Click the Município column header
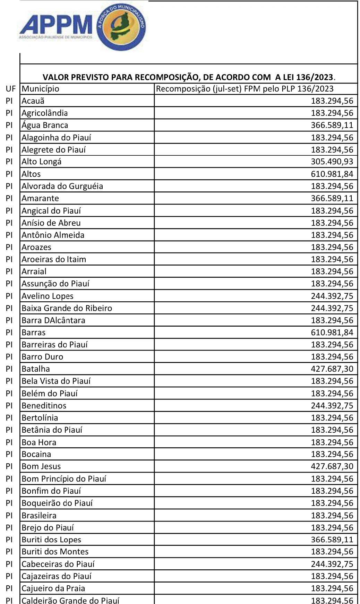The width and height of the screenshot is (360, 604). coord(40,89)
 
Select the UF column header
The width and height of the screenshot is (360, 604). coord(11,89)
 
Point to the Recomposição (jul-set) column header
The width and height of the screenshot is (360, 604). coord(245,89)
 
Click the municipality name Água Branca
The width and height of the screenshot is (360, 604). coord(45,125)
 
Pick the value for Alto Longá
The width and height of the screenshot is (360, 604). coord(332,162)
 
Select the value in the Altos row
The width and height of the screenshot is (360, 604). coord(332,174)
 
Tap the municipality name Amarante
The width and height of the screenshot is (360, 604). coord(40,198)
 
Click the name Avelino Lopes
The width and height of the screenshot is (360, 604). coord(48,296)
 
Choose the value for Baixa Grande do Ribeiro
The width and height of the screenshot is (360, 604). coord(332,308)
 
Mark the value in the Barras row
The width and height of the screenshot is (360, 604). coord(332,333)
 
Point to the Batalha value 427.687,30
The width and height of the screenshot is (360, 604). coord(332,369)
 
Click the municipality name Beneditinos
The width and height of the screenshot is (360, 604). coord(44,406)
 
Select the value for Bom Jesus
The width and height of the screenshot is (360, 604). coord(332,466)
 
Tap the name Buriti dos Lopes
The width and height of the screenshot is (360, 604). coord(51,540)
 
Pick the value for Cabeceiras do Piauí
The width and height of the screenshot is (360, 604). coord(332,564)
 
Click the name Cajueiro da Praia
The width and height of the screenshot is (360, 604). coord(53,588)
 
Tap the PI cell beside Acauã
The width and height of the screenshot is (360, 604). coord(9,101)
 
